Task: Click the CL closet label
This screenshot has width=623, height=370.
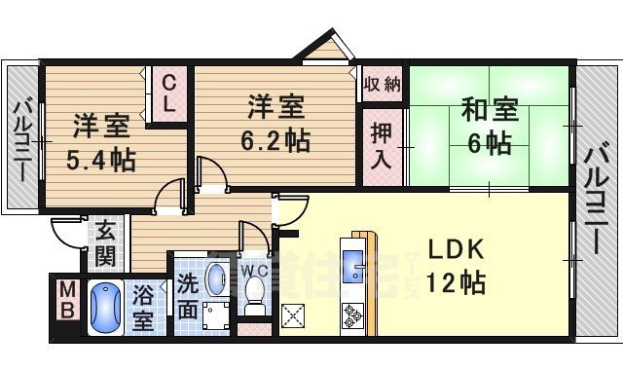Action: [168, 93]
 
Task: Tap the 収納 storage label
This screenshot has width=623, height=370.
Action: [382, 85]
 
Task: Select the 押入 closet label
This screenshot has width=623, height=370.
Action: [382, 146]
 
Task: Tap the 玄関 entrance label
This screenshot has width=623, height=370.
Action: [104, 245]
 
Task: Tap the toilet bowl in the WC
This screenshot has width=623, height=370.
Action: [256, 290]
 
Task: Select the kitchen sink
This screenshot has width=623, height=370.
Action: [352, 262]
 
